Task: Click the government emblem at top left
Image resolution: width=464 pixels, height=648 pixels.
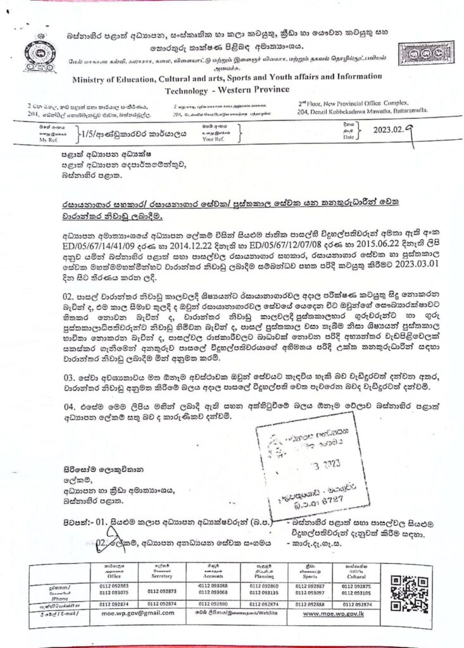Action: tap(40, 53)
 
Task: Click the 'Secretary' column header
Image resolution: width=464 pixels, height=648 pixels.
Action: tap(162, 577)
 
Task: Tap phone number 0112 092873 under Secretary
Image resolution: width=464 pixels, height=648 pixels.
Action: tap(162, 591)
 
